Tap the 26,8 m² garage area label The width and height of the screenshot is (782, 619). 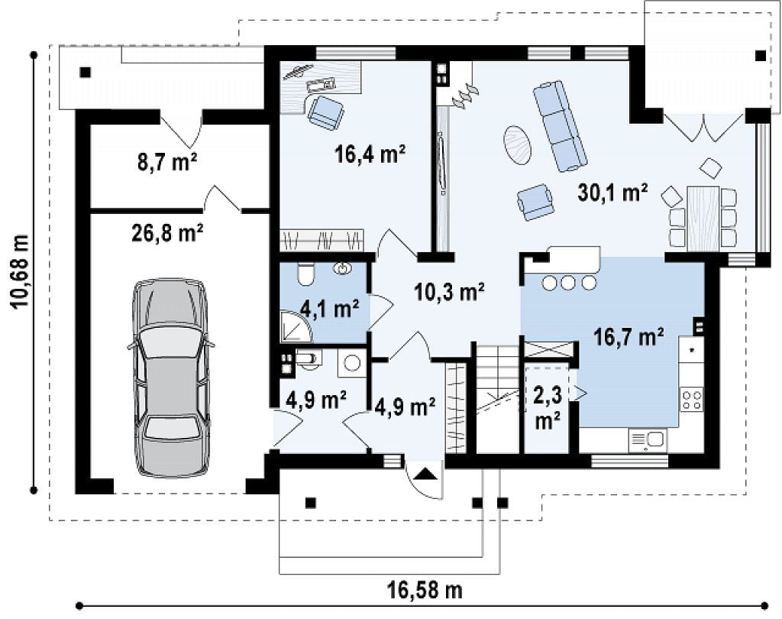pyautogui.click(x=167, y=232)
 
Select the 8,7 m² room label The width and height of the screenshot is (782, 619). pyautogui.click(x=166, y=162)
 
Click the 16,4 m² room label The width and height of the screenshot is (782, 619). pyautogui.click(x=369, y=154)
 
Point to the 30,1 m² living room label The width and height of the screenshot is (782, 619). pyautogui.click(x=613, y=192)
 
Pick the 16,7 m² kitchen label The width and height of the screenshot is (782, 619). pyautogui.click(x=629, y=338)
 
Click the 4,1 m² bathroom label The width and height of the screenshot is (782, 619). pyautogui.click(x=330, y=309)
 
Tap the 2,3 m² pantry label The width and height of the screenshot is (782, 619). pyautogui.click(x=547, y=407)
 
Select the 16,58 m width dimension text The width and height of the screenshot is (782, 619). pyautogui.click(x=425, y=590)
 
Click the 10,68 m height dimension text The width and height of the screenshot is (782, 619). pyautogui.click(x=21, y=271)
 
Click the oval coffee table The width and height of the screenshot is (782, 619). pyautogui.click(x=518, y=144)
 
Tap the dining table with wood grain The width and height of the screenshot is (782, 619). pyautogui.click(x=703, y=219)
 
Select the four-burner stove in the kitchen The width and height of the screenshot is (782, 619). pyautogui.click(x=692, y=400)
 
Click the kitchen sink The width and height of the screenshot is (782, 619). pyautogui.click(x=648, y=439)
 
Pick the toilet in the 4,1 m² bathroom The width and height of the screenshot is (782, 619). pyautogui.click(x=305, y=274)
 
